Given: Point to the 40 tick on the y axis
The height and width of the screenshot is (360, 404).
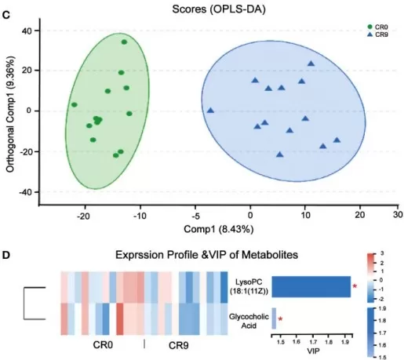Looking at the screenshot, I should click(x=25, y=31).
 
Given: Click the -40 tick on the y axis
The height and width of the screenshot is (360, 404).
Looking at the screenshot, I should click(x=24, y=192).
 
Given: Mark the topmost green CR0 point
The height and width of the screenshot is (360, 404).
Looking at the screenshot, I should click(x=124, y=42).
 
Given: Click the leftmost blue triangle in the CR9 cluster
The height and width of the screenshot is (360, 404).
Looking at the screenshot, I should click(x=210, y=111).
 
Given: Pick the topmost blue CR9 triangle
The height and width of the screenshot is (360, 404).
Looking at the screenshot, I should click(x=311, y=64).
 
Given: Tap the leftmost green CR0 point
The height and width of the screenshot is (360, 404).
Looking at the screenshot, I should click(x=75, y=104).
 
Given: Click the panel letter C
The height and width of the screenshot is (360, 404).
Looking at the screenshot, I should click(x=7, y=6).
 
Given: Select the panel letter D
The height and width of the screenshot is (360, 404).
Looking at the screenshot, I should click(x=7, y=256).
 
